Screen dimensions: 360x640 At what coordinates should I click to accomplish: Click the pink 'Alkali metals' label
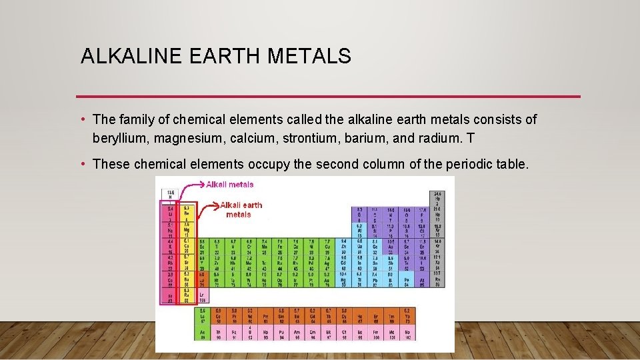(x=229, y=184)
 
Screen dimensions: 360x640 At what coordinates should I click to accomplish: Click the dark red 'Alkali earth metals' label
(x=241, y=209)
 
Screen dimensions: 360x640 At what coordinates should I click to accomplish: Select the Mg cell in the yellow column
(x=187, y=229)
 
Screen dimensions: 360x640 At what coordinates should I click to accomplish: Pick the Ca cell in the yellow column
(x=187, y=246)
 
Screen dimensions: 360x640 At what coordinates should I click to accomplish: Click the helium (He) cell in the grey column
(x=437, y=197)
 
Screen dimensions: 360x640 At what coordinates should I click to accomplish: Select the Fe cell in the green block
(x=280, y=246)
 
